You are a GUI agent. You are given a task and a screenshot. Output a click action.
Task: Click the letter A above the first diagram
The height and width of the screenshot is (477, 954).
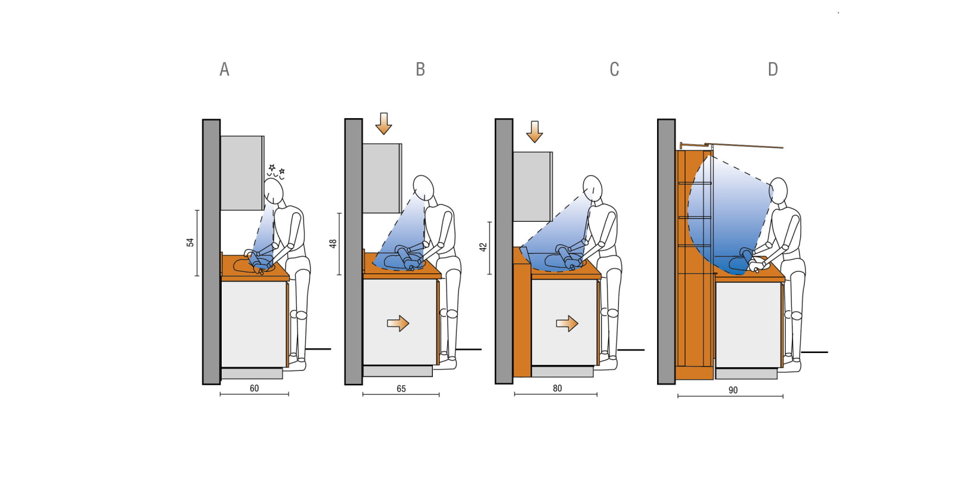pyautogui.click(x=224, y=70)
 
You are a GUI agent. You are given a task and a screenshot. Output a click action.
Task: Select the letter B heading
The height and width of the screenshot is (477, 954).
pyautogui.click(x=420, y=70)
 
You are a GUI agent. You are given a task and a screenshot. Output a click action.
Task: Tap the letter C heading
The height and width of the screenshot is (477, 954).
pyautogui.click(x=614, y=70)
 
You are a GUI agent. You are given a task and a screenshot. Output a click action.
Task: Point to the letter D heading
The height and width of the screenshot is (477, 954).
pyautogui.click(x=773, y=70)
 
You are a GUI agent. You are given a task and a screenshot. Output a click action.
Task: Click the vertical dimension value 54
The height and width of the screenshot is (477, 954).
pyautogui.click(x=190, y=242)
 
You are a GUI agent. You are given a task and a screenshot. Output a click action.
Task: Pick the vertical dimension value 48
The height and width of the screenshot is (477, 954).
pyautogui.click(x=333, y=243)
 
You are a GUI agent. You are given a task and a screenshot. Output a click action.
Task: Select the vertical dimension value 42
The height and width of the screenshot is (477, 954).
pyautogui.click(x=483, y=246)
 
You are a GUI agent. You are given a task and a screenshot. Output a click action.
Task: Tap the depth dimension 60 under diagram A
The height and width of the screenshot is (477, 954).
pyautogui.click(x=254, y=388)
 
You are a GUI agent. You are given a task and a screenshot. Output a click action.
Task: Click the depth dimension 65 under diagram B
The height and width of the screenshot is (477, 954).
pyautogui.click(x=401, y=389)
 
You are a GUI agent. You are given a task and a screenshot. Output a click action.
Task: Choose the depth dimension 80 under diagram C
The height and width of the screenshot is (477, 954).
pyautogui.click(x=557, y=388)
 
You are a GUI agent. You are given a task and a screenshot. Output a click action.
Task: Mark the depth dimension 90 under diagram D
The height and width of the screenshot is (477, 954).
pyautogui.click(x=733, y=390)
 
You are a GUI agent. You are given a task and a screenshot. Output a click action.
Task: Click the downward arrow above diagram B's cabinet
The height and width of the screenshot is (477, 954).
pyautogui.click(x=384, y=123)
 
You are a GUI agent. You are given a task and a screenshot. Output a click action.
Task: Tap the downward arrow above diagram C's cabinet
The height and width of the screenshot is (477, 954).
pyautogui.click(x=534, y=132)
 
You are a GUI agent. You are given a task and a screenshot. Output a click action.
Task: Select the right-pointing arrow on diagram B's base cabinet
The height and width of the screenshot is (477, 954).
pyautogui.click(x=398, y=323)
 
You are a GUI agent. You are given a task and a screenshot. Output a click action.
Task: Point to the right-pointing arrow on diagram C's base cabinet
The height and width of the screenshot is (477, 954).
pyautogui.click(x=567, y=323)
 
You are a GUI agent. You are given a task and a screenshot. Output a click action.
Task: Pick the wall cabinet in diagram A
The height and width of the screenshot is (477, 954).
pyautogui.click(x=242, y=173)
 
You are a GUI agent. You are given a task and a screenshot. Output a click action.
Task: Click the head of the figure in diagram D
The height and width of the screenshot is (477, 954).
pyautogui.click(x=778, y=190)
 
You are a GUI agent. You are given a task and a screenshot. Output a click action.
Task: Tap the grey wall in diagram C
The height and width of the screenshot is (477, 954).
pyautogui.click(x=504, y=251)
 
